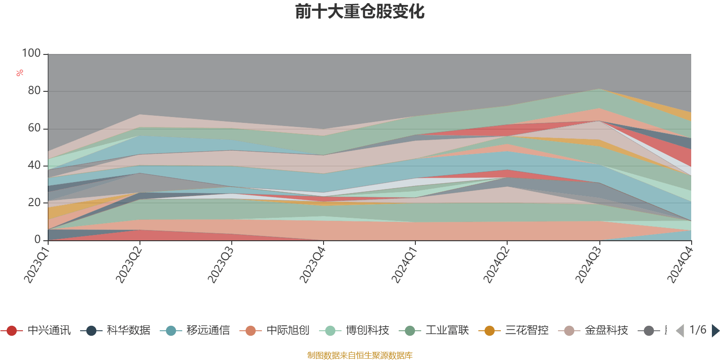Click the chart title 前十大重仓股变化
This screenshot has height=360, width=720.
(x=360, y=12)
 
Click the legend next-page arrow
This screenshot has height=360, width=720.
(x=715, y=331)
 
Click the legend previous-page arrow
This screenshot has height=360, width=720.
(x=680, y=331)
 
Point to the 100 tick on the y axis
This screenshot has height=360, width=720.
(x=31, y=54)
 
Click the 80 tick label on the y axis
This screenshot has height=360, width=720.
(x=34, y=91)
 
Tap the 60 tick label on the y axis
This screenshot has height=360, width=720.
(x=34, y=128)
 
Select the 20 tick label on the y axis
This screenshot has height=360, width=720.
(x=34, y=202)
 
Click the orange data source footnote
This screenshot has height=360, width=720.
(x=360, y=355)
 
